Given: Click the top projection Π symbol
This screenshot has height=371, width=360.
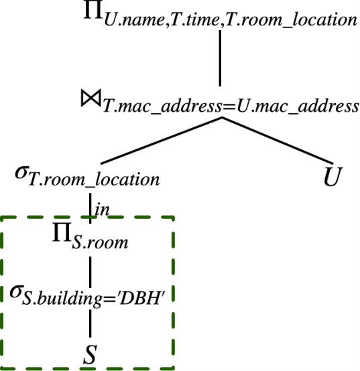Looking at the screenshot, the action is pyautogui.click(x=93, y=9).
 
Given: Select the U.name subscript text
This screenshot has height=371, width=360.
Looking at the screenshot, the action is pyautogui.click(x=134, y=20).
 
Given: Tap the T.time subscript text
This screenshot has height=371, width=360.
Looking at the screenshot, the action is pyautogui.click(x=194, y=20).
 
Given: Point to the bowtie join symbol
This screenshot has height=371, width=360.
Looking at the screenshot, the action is pyautogui.click(x=91, y=98).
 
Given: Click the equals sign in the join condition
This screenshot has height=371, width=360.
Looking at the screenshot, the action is pyautogui.click(x=229, y=107).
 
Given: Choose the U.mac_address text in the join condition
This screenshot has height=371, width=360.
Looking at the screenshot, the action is pyautogui.click(x=298, y=107).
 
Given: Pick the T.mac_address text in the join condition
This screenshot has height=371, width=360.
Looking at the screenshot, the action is pyautogui.click(x=162, y=107).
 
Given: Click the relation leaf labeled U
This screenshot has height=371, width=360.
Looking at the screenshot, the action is pyautogui.click(x=333, y=177).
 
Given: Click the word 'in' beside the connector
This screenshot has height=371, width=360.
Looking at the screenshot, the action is pyautogui.click(x=102, y=210).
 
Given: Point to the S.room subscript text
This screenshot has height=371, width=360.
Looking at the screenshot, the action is pyautogui.click(x=100, y=242).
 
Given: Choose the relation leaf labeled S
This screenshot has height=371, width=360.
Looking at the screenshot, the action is pyautogui.click(x=90, y=354).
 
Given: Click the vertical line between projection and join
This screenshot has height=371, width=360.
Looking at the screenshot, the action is pyautogui.click(x=220, y=58).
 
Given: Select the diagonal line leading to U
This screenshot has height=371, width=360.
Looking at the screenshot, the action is pyautogui.click(x=278, y=141).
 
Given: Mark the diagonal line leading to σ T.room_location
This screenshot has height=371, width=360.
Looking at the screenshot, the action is pyautogui.click(x=162, y=141).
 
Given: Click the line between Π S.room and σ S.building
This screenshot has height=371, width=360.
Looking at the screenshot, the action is pyautogui.click(x=90, y=272).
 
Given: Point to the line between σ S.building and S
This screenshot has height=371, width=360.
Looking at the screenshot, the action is pyautogui.click(x=90, y=323).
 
